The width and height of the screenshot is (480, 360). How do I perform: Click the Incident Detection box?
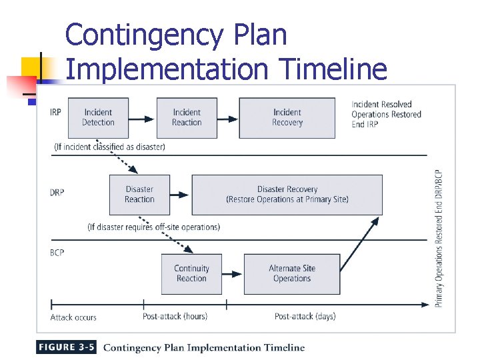click(98, 117)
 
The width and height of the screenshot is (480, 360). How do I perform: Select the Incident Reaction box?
click(187, 117)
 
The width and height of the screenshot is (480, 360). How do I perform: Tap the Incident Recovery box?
click(287, 117)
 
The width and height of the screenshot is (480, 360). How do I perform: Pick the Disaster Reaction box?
click(139, 194)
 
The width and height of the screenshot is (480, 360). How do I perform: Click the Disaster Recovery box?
click(287, 194)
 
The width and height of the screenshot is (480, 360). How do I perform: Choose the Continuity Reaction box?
click(192, 273)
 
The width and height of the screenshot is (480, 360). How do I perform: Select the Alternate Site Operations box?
click(292, 273)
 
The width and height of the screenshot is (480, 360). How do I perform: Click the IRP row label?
click(55, 111)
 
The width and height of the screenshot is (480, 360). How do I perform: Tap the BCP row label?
click(57, 253)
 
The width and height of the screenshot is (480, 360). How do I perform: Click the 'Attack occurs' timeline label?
click(73, 317)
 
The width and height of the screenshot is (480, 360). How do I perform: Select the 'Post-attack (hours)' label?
click(175, 316)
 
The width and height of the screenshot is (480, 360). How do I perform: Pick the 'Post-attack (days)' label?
click(305, 316)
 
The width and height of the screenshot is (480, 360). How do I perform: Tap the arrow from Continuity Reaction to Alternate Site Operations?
click(233, 274)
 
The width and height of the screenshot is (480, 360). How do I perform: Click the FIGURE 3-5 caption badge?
click(67, 347)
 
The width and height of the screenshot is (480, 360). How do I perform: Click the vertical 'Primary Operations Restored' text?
click(439, 237)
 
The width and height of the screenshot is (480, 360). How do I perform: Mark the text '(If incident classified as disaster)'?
click(110, 146)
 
